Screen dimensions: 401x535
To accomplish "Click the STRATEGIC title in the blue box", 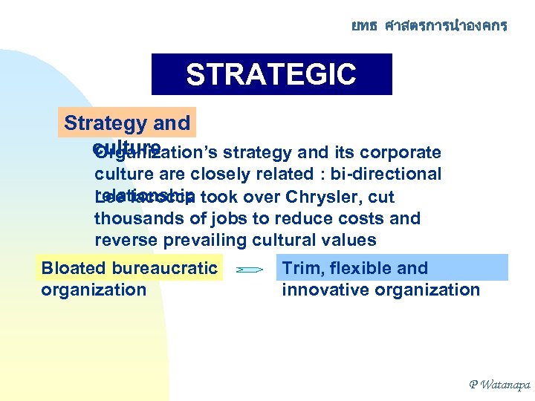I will click(x=271, y=74).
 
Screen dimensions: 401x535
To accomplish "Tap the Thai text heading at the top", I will click(x=429, y=26).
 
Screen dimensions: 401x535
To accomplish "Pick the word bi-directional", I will click(x=390, y=174).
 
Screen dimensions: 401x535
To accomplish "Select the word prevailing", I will click(x=205, y=239).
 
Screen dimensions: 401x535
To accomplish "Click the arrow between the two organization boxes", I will click(x=249, y=271).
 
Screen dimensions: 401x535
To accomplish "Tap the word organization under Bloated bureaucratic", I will click(x=94, y=290).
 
